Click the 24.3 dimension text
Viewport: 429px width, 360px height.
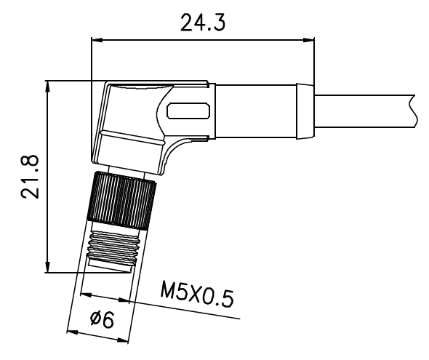pos(203,22)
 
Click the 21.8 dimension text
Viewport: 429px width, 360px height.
pos(30,177)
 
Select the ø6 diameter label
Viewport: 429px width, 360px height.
pos(102,319)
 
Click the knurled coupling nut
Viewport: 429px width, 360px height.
pos(121,200)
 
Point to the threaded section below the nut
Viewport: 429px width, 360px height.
pos(113,245)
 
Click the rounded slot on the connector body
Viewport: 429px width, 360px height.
pos(188,111)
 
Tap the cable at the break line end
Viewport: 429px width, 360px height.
pos(413,111)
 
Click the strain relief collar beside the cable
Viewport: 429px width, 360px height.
pos(305,111)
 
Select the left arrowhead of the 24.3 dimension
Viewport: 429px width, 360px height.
pos(97,40)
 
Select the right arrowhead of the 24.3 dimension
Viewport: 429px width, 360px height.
pos(309,40)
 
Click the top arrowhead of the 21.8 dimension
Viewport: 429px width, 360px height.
pos(48,87)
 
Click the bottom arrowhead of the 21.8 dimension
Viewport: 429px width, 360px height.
pos(48,267)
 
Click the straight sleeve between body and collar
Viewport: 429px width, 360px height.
pos(256,111)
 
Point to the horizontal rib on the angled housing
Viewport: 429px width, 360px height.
pos(132,137)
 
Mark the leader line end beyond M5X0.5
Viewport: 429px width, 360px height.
pos(240,319)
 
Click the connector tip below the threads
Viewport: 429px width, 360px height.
pos(110,266)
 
